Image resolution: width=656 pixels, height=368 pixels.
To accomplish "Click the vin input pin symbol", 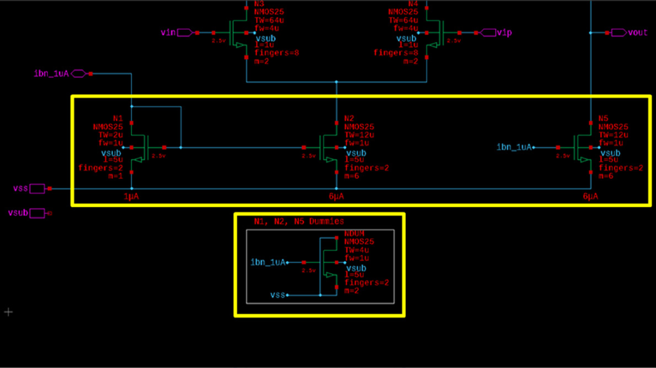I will coord(185,32).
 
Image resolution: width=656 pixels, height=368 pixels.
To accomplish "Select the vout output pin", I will coord(619,32).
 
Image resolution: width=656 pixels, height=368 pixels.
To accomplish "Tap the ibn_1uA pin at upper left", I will coord(79,73).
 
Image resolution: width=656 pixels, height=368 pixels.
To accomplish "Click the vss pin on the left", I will coord(38,189).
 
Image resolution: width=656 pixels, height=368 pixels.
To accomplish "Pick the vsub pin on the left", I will coord(38,213).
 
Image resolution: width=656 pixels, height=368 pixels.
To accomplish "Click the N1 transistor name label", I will coord(118,118).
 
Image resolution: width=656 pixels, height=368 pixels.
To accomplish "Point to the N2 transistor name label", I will coord(349,118).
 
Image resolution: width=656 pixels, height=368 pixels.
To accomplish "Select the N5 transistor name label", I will coord(603,118).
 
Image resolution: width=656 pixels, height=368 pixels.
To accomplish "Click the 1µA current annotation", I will coord(132,197).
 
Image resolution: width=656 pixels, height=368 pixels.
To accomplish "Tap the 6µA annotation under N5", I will coord(590,197).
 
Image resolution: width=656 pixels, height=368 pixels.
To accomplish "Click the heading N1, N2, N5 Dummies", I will coord(299,222).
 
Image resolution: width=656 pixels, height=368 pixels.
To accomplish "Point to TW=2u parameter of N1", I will coord(108,135).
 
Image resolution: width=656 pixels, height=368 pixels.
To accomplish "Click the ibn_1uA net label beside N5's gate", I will coord(514,147).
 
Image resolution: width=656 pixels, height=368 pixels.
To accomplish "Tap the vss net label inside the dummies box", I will coord(278,295).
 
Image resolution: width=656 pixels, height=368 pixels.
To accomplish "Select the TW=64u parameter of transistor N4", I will coord(403,19).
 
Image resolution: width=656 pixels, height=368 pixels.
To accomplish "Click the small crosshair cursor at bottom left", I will coord(9,312).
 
